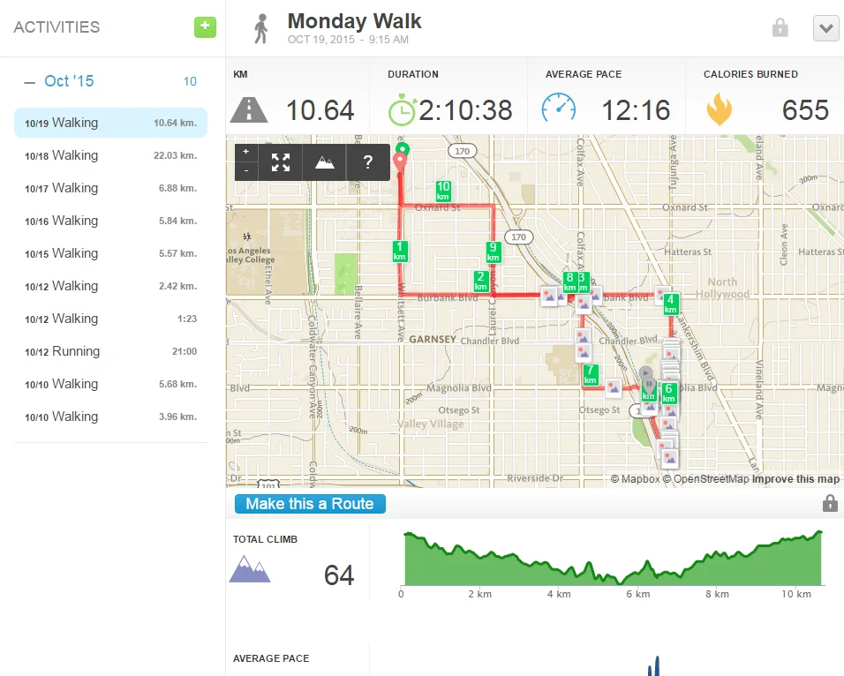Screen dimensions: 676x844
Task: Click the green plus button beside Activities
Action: coord(205,26)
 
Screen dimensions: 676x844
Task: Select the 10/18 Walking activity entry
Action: coord(110,155)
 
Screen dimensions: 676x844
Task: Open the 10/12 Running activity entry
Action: coord(110,351)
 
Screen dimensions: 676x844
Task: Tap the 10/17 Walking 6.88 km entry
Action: coord(110,188)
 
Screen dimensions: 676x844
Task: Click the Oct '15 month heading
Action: coord(69,81)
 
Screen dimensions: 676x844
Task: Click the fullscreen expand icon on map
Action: coord(281,162)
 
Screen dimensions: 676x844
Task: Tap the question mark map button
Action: coord(368,162)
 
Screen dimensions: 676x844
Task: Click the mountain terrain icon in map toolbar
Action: coord(324,162)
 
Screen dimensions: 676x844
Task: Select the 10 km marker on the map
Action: coord(443,191)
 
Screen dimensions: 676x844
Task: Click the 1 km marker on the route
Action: coord(400,251)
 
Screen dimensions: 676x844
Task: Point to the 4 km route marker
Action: coord(670,304)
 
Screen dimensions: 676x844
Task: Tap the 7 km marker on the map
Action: coord(591,374)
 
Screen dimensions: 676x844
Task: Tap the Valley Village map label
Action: coord(430,424)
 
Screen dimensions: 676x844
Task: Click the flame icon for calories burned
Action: coord(719,109)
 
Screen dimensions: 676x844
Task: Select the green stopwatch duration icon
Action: coord(402,109)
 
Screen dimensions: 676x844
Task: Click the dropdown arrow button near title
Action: coord(825,28)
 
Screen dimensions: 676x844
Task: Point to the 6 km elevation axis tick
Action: coord(638,594)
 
